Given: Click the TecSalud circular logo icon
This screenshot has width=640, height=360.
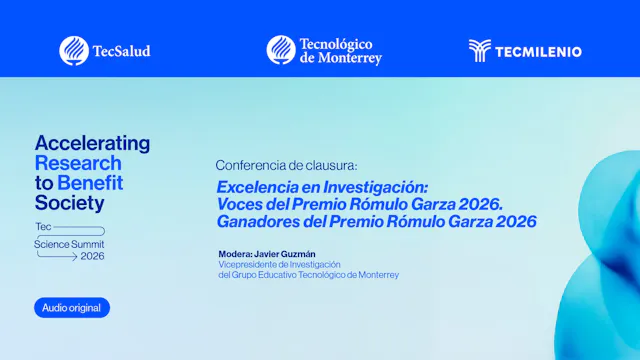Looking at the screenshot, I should click(x=74, y=50).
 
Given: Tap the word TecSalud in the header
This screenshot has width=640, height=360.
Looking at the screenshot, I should click(x=121, y=50).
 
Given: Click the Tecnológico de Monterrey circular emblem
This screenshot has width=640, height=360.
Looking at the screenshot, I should click(x=281, y=50).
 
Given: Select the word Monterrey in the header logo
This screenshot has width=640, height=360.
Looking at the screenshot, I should click(x=351, y=58).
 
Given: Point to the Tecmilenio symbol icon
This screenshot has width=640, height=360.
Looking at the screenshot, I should click(x=480, y=50).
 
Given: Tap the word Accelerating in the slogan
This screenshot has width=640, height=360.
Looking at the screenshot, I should click(x=92, y=143).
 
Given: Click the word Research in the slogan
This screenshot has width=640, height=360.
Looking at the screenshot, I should click(x=78, y=163).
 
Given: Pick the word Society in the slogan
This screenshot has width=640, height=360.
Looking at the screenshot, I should click(x=69, y=203).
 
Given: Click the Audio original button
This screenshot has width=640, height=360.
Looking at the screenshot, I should click(x=72, y=308).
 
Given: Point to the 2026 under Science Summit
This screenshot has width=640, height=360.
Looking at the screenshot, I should click(x=92, y=256).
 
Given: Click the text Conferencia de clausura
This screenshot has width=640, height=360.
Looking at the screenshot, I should click(x=286, y=165).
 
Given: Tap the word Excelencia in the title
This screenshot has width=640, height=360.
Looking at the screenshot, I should click(x=261, y=187).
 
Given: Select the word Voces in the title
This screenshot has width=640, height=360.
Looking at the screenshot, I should click(x=241, y=204).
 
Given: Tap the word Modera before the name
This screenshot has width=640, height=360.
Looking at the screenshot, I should click(x=234, y=255).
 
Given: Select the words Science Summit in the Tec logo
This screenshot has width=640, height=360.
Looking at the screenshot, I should click(x=69, y=243).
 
